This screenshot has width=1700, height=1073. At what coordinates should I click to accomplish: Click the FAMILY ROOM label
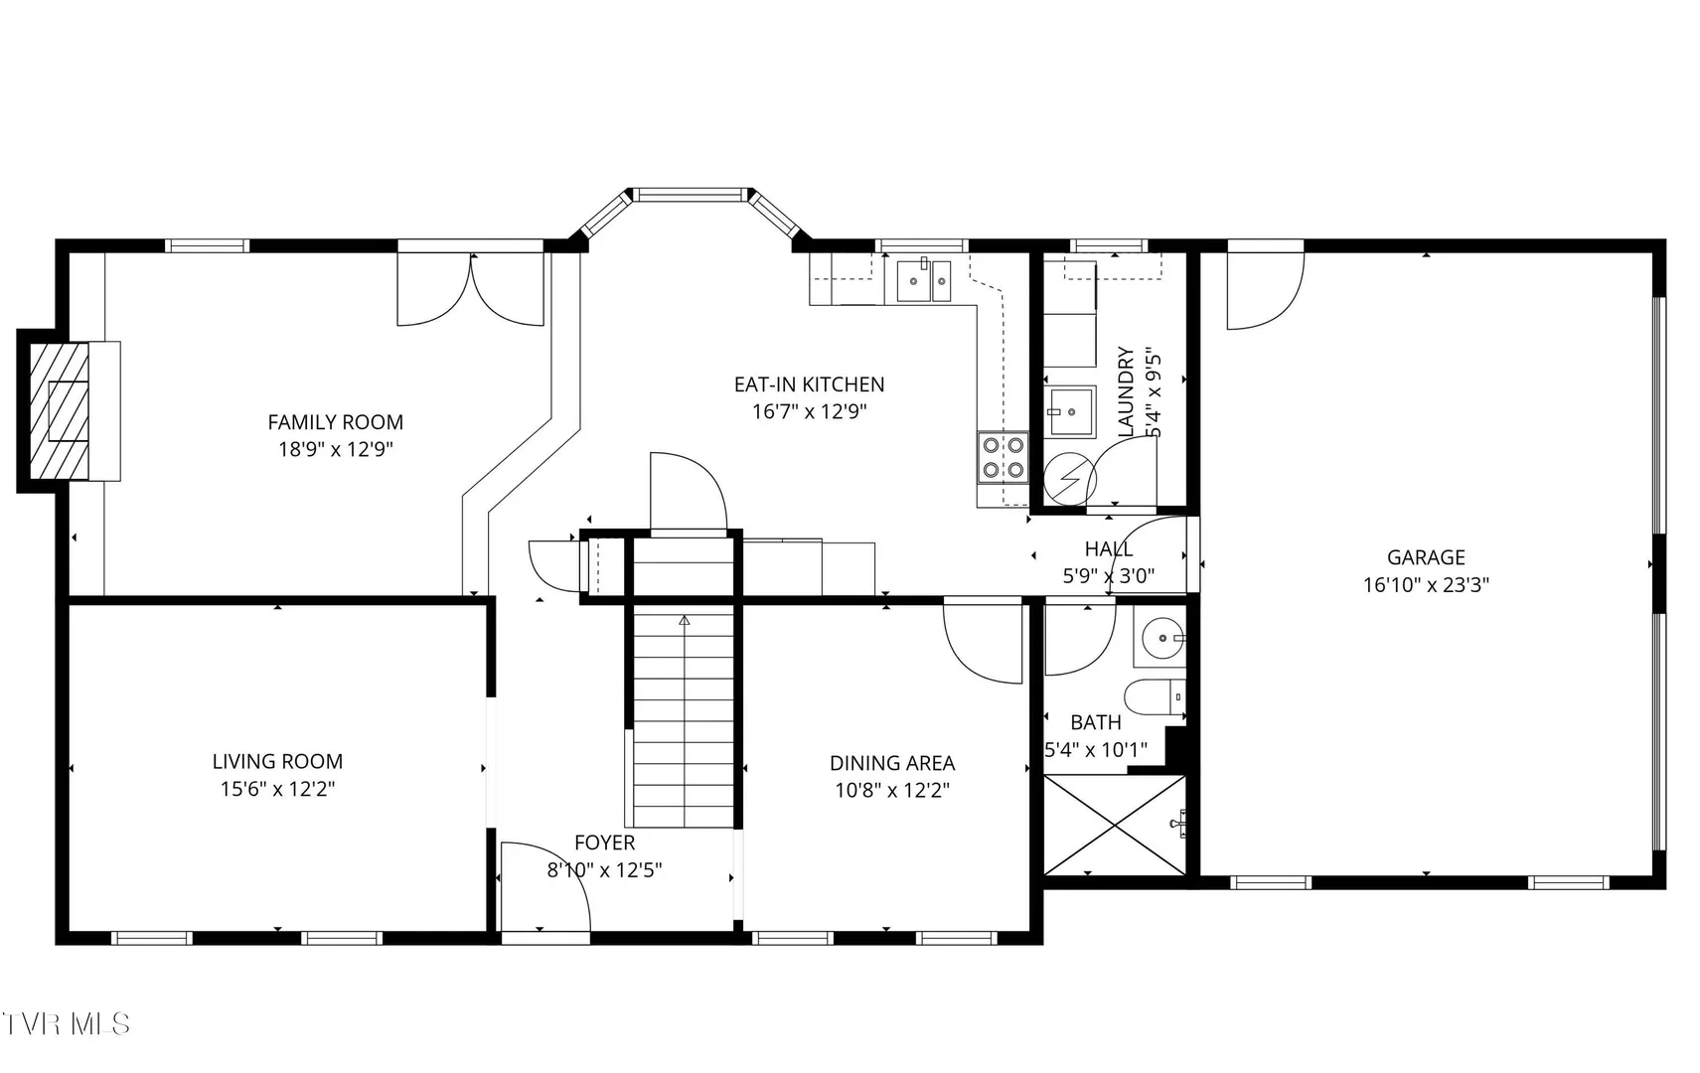pos(336,422)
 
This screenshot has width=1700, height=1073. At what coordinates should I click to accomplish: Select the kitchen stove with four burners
pos(1003,458)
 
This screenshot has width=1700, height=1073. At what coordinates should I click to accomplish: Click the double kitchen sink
pos(924,281)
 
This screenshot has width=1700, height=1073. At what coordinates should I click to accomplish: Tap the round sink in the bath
pos(1161,638)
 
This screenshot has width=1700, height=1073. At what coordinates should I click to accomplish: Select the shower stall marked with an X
pos(1115,825)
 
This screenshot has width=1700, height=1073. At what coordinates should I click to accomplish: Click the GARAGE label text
pos(1426,557)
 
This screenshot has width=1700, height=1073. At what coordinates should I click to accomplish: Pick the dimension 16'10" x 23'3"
pos(1426,585)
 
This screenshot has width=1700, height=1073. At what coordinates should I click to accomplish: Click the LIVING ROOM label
pos(278,761)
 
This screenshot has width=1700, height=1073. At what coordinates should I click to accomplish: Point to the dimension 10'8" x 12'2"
pos(892,791)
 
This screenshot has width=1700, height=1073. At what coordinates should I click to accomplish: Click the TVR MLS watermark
pos(66,1023)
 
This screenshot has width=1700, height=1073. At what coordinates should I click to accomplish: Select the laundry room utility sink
pos(1070,412)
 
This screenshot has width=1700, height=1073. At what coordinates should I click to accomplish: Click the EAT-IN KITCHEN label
pos(809,384)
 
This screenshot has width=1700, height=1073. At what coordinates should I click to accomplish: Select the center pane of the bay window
pos(691,195)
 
